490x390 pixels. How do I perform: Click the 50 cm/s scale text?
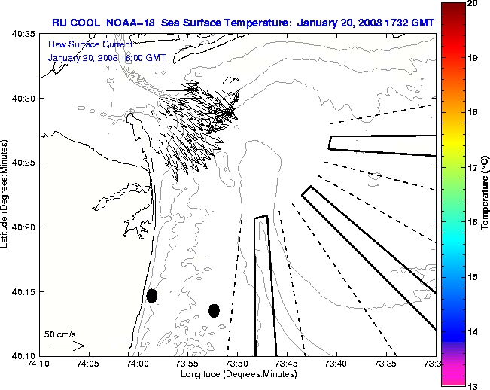[x=60, y=334]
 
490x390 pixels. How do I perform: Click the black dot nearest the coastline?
[x=152, y=295]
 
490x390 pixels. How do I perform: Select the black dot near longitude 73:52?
[x=215, y=310]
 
